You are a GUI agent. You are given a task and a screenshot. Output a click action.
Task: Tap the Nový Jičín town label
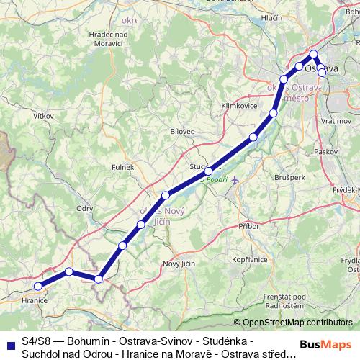click(179, 264)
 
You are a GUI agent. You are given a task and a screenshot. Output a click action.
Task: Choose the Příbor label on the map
click(248, 226)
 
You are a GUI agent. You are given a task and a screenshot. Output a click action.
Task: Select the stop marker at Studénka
click(208, 171)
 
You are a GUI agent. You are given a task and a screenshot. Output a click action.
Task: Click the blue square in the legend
click(8, 342)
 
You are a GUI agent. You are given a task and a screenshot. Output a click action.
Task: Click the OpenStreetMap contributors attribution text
click(297, 323)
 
